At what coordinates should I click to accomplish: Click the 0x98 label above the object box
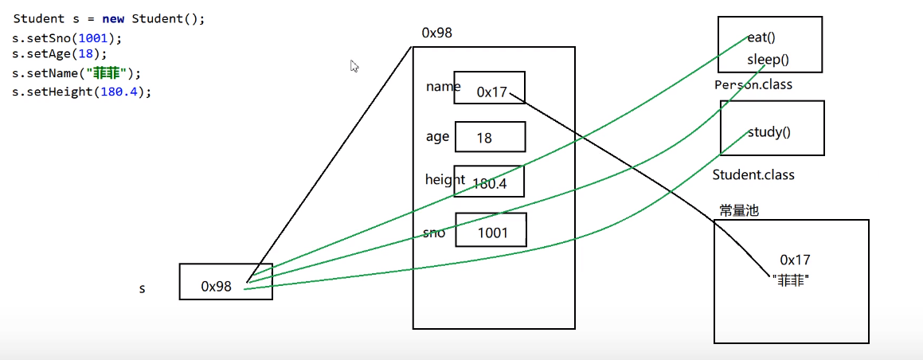click(437, 33)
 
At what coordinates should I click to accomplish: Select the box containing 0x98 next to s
click(225, 282)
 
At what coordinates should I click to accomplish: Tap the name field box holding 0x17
click(490, 88)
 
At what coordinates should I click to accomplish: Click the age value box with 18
click(489, 137)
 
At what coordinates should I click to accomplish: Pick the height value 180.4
click(488, 184)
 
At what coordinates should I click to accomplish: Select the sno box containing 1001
click(491, 231)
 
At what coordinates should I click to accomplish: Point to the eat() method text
click(761, 37)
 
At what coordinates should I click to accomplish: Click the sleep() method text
click(768, 60)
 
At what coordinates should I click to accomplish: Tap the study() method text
click(769, 132)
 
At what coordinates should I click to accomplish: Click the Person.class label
click(753, 84)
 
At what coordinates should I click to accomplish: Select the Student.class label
click(753, 174)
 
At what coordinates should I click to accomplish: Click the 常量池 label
click(738, 210)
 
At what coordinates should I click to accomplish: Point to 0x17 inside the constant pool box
click(795, 260)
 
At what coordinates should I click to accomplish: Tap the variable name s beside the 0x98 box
click(143, 288)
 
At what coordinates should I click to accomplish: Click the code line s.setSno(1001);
click(68, 38)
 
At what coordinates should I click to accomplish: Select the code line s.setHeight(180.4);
click(81, 91)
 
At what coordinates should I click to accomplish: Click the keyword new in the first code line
click(113, 19)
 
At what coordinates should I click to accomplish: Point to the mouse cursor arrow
click(354, 66)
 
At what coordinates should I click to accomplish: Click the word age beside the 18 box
click(437, 136)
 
